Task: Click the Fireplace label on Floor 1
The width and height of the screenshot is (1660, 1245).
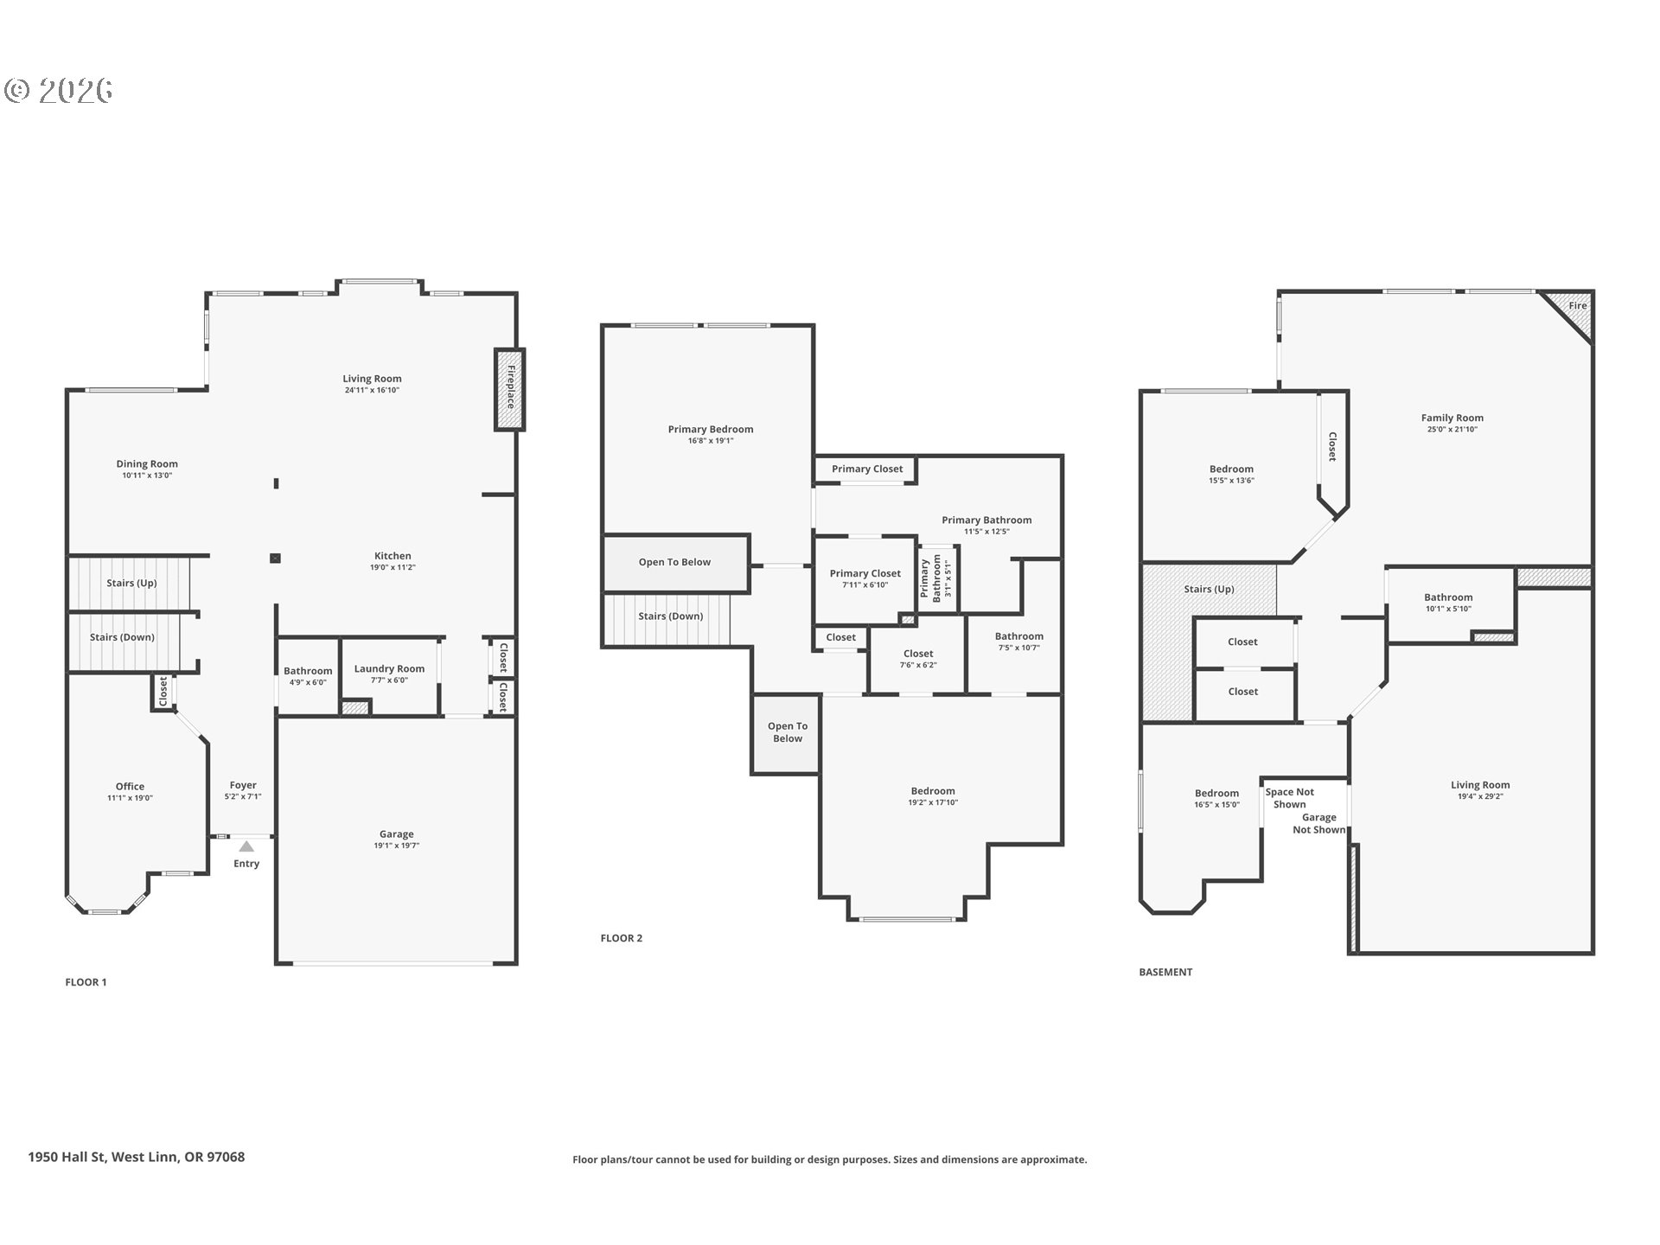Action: [511, 387]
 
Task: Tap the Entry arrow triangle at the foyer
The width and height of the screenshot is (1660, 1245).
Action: [246, 846]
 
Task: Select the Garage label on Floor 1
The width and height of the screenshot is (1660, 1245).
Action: [397, 834]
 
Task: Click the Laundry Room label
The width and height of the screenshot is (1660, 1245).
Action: [389, 668]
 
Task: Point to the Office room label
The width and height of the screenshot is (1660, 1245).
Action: [130, 787]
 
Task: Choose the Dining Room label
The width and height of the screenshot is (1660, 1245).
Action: [147, 464]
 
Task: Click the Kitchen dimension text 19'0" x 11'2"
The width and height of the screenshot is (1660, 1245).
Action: [393, 568]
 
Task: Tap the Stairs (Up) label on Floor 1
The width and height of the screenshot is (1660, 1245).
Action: [131, 584]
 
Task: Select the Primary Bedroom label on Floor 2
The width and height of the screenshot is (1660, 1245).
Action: [711, 430]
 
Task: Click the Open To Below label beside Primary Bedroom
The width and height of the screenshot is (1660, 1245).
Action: [674, 562]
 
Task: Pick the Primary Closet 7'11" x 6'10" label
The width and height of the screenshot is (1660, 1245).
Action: [865, 578]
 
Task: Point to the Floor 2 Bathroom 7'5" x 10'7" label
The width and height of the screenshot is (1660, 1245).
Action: [1019, 642]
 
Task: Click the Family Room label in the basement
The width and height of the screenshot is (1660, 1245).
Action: [1452, 418]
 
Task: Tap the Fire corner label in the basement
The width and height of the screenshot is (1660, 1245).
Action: [1578, 305]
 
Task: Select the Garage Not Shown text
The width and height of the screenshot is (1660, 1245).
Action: [1319, 824]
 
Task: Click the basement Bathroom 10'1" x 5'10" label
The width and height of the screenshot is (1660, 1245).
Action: [1448, 603]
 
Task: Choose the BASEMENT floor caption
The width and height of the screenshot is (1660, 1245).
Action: [1165, 972]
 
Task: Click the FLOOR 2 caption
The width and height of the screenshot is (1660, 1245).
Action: [622, 938]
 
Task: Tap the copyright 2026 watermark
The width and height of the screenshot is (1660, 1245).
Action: [59, 90]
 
